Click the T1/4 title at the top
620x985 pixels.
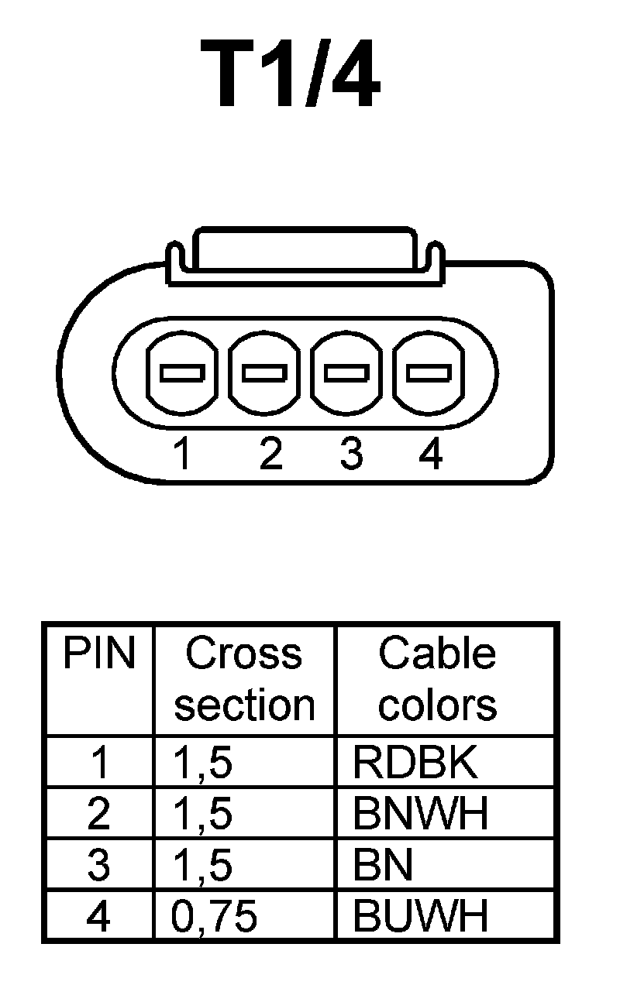pyautogui.click(x=291, y=75)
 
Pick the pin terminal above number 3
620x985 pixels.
pyautogui.click(x=346, y=373)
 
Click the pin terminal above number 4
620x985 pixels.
pyautogui.click(x=429, y=373)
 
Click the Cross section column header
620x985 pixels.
pyautogui.click(x=244, y=679)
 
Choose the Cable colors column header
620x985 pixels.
pyautogui.click(x=437, y=679)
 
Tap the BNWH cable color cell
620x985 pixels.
pyautogui.click(x=421, y=815)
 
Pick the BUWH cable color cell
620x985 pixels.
pyautogui.click(x=421, y=917)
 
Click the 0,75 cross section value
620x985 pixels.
pyautogui.click(x=214, y=917)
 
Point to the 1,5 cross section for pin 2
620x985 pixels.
pyautogui.click(x=203, y=815)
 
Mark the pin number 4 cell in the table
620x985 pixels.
pyautogui.click(x=98, y=917)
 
